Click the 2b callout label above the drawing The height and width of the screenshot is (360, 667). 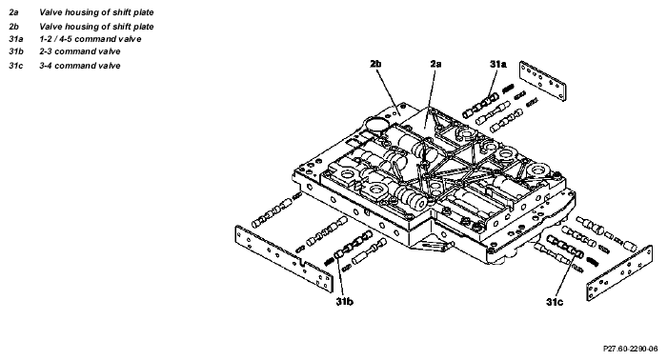[x=375, y=64]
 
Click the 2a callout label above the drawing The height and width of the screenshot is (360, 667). [x=435, y=64]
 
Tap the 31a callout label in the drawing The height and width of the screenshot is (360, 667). [x=497, y=64]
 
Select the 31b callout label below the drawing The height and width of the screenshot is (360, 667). [x=344, y=301]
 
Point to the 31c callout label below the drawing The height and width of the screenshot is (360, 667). [x=555, y=302]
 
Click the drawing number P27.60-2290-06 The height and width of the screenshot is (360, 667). [x=631, y=349]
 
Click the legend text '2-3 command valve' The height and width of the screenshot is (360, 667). [x=80, y=51]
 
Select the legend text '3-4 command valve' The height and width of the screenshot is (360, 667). [x=80, y=66]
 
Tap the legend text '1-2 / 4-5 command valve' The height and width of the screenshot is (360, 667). [x=91, y=39]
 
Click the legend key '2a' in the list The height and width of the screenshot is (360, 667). [x=13, y=12]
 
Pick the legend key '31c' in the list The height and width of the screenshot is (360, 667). [x=16, y=66]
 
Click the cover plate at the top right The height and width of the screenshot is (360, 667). [x=543, y=81]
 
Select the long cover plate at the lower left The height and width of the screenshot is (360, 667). [x=284, y=259]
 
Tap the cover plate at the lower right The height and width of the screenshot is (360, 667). [x=619, y=273]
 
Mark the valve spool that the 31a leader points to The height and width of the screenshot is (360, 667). [x=480, y=106]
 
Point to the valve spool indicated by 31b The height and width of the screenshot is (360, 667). [x=354, y=246]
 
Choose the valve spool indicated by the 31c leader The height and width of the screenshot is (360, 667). [x=565, y=247]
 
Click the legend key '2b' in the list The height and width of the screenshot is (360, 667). [x=13, y=27]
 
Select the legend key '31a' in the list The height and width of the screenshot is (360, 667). [x=16, y=39]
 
